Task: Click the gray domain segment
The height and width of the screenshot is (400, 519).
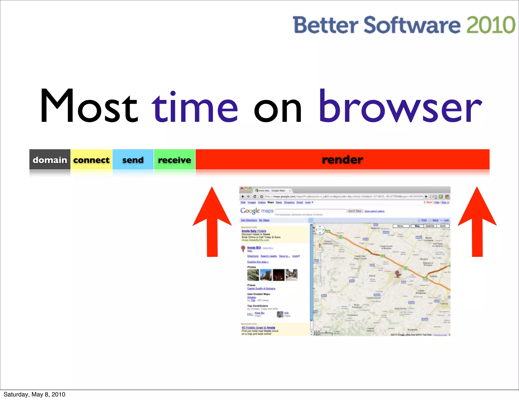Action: tap(50, 160)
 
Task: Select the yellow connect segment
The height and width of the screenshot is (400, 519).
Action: tap(91, 160)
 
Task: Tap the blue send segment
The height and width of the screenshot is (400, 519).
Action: tap(133, 160)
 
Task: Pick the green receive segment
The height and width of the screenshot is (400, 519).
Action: tap(175, 160)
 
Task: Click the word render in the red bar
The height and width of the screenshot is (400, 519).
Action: tap(342, 160)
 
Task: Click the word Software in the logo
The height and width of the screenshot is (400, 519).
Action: tap(412, 25)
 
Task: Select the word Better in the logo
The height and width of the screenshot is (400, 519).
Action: tap(325, 25)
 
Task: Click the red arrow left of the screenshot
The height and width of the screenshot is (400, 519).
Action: tap(212, 223)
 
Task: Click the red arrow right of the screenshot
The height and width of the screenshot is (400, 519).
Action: tap(477, 223)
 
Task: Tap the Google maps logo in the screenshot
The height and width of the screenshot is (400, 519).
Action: tap(257, 211)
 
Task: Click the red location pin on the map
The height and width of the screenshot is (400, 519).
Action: tap(397, 273)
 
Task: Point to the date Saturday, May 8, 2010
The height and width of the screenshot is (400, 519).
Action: tap(34, 394)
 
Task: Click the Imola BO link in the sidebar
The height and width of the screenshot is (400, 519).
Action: tap(254, 247)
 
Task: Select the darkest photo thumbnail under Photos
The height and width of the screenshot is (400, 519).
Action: tap(279, 275)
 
